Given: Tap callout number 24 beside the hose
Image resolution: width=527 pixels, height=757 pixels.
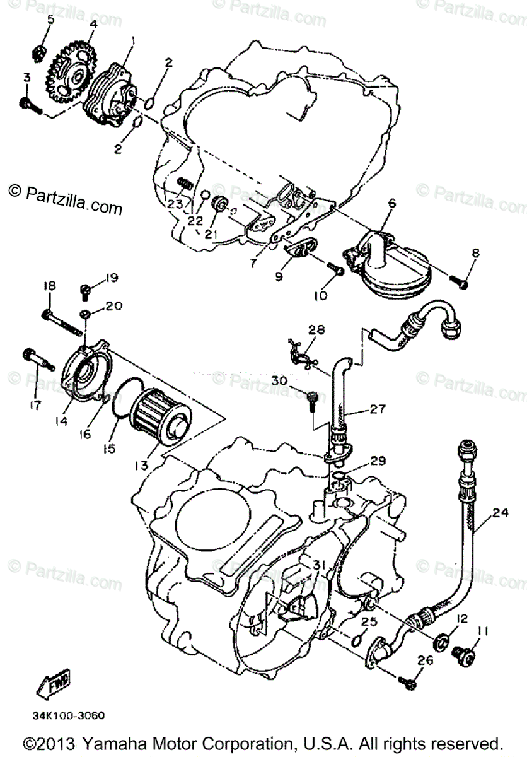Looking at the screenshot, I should [500, 512].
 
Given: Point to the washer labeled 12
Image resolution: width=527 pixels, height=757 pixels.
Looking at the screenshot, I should [441, 643].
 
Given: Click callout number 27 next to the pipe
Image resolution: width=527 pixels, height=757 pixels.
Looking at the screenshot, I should [378, 408].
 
